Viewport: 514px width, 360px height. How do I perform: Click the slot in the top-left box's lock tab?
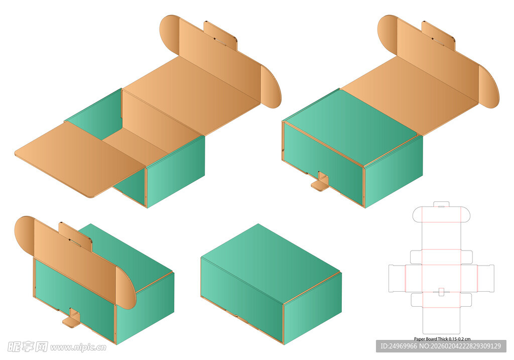click(220, 41)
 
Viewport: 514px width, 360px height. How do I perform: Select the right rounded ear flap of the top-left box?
click(271, 86)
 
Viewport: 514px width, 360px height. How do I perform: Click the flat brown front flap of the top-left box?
click(80, 159)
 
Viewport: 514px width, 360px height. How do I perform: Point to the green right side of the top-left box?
click(176, 172)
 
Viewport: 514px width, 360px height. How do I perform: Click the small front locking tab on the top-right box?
click(320, 182)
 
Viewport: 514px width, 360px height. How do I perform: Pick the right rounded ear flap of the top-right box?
click(489, 86)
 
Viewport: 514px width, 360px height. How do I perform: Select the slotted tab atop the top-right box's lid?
click(438, 36)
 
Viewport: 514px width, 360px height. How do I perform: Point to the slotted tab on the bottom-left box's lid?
click(75, 236)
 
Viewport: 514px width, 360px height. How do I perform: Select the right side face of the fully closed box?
click(313, 308)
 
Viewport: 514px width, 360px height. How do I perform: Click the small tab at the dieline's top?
click(441, 204)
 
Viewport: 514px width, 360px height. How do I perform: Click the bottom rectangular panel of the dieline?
click(442, 321)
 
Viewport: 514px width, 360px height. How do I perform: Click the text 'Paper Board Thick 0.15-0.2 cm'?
click(442, 339)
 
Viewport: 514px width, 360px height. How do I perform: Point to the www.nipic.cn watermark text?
click(78, 347)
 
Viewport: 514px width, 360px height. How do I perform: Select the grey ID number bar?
click(441, 346)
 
